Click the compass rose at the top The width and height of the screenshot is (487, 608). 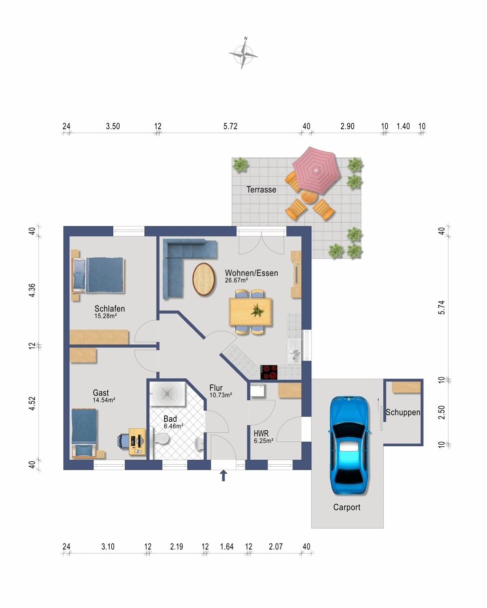pos(243,54)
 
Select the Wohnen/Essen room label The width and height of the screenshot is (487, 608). pos(251,273)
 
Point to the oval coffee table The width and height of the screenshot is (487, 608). pos(204,279)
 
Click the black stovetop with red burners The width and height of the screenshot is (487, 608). pos(268,372)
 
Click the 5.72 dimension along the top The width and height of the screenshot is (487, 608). pos(230,126)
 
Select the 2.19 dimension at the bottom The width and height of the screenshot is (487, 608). pos(177,547)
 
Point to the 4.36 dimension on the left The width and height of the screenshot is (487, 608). pos(32,290)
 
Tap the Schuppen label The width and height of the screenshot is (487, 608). pos(403,412)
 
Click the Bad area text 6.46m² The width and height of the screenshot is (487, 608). pos(174,426)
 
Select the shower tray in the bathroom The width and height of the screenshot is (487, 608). pos(167,394)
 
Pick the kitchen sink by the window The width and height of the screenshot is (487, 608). pos(294,351)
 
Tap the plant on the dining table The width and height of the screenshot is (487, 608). pos(257,311)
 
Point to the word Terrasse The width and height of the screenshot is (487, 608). pos(261,190)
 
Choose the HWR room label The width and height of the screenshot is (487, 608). pos(261,433)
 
